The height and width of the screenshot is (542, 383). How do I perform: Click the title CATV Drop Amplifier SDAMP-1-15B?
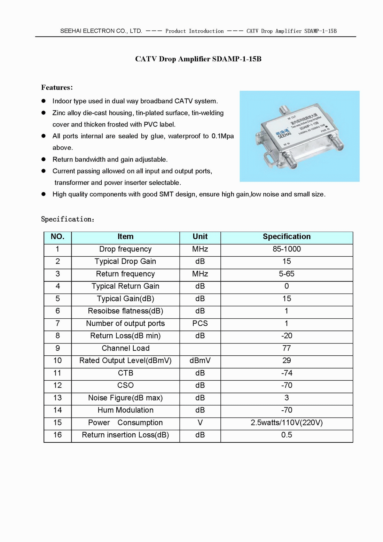pyautogui.click(x=198, y=59)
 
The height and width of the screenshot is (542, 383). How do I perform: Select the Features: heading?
pyautogui.click(x=57, y=87)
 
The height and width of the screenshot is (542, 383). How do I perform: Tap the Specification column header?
pyautogui.click(x=287, y=237)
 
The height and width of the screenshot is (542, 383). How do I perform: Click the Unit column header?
pyautogui.click(x=200, y=237)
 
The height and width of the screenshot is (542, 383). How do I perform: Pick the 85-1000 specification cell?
pyautogui.click(x=287, y=249)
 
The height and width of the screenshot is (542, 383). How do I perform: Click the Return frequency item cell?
pyautogui.click(x=125, y=274)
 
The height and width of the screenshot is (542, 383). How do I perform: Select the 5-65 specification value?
pyautogui.click(x=287, y=274)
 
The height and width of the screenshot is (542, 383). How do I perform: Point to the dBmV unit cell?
pyautogui.click(x=200, y=361)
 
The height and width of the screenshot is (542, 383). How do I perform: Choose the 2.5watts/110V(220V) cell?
pyautogui.click(x=287, y=423)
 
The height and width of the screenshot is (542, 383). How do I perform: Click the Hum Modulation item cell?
pyautogui.click(x=125, y=410)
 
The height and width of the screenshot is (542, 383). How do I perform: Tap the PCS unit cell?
pyautogui.click(x=200, y=323)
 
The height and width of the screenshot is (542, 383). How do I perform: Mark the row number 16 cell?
pyautogui.click(x=57, y=435)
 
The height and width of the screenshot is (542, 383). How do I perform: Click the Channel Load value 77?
pyautogui.click(x=287, y=348)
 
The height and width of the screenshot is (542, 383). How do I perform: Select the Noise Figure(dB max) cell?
pyautogui.click(x=125, y=398)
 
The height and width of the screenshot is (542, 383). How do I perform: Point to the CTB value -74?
pyautogui.click(x=287, y=373)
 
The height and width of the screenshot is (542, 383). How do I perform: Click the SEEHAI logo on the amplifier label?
pyautogui.click(x=283, y=134)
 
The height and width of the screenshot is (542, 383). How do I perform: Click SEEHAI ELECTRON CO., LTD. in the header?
pyautogui.click(x=101, y=31)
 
